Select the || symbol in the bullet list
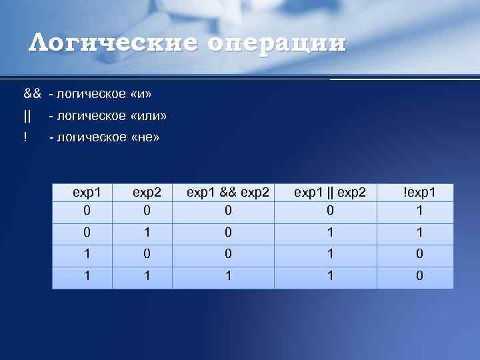point(27,116)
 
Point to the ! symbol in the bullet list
point(25,137)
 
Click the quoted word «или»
point(149,116)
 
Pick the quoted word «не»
point(146,137)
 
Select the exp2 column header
point(147,192)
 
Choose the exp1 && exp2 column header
point(228,192)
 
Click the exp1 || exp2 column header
point(330,192)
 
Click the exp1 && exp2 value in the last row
point(228,275)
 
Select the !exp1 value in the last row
point(419,275)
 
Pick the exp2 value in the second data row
point(147,233)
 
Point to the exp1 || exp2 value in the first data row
point(330,210)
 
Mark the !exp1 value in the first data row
point(419,210)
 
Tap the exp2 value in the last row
point(147,275)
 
